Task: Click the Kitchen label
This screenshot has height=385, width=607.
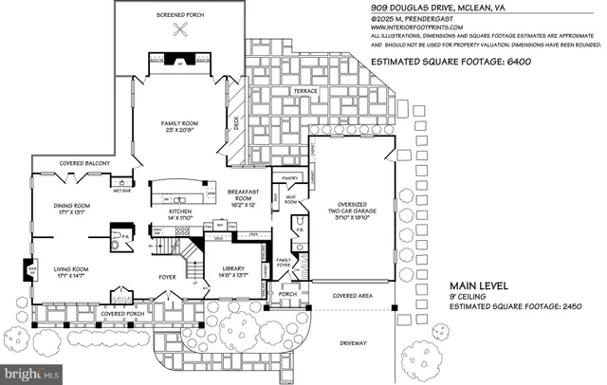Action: coord(180,211)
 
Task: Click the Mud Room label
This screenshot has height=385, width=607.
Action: coord(291,200)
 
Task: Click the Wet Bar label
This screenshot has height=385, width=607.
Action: coord(122,191)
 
